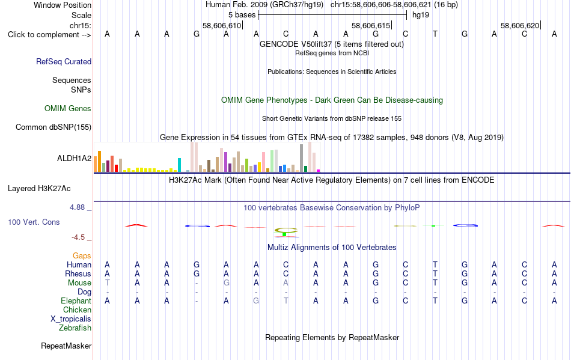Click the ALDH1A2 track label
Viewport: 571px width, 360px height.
pyautogui.click(x=74, y=158)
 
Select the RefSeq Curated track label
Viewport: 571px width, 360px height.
pyautogui.click(x=64, y=61)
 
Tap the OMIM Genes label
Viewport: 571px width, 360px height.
pyautogui.click(x=68, y=108)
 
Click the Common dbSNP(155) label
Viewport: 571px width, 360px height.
pyautogui.click(x=53, y=127)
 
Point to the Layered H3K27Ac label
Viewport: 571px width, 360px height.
pyautogui.click(x=39, y=189)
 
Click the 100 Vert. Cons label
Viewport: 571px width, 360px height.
pyautogui.click(x=34, y=222)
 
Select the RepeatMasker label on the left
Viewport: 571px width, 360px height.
pyautogui.click(x=66, y=346)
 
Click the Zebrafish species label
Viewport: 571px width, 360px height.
pyautogui.click(x=75, y=328)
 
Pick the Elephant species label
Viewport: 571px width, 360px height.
pyautogui.click(x=76, y=301)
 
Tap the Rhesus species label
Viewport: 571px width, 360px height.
pyautogui.click(x=78, y=273)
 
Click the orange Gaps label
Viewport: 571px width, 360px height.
pyautogui.click(x=82, y=256)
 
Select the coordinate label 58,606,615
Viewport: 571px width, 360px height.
pyautogui.click(x=371, y=26)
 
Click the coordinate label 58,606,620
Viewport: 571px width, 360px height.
pyautogui.click(x=520, y=26)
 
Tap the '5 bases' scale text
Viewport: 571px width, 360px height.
pyautogui.click(x=242, y=15)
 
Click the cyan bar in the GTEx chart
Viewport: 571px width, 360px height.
pyautogui.click(x=179, y=165)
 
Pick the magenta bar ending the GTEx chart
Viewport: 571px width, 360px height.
pyautogui.click(x=319, y=171)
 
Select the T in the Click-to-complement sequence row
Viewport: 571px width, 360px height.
pyautogui.click(x=435, y=34)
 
